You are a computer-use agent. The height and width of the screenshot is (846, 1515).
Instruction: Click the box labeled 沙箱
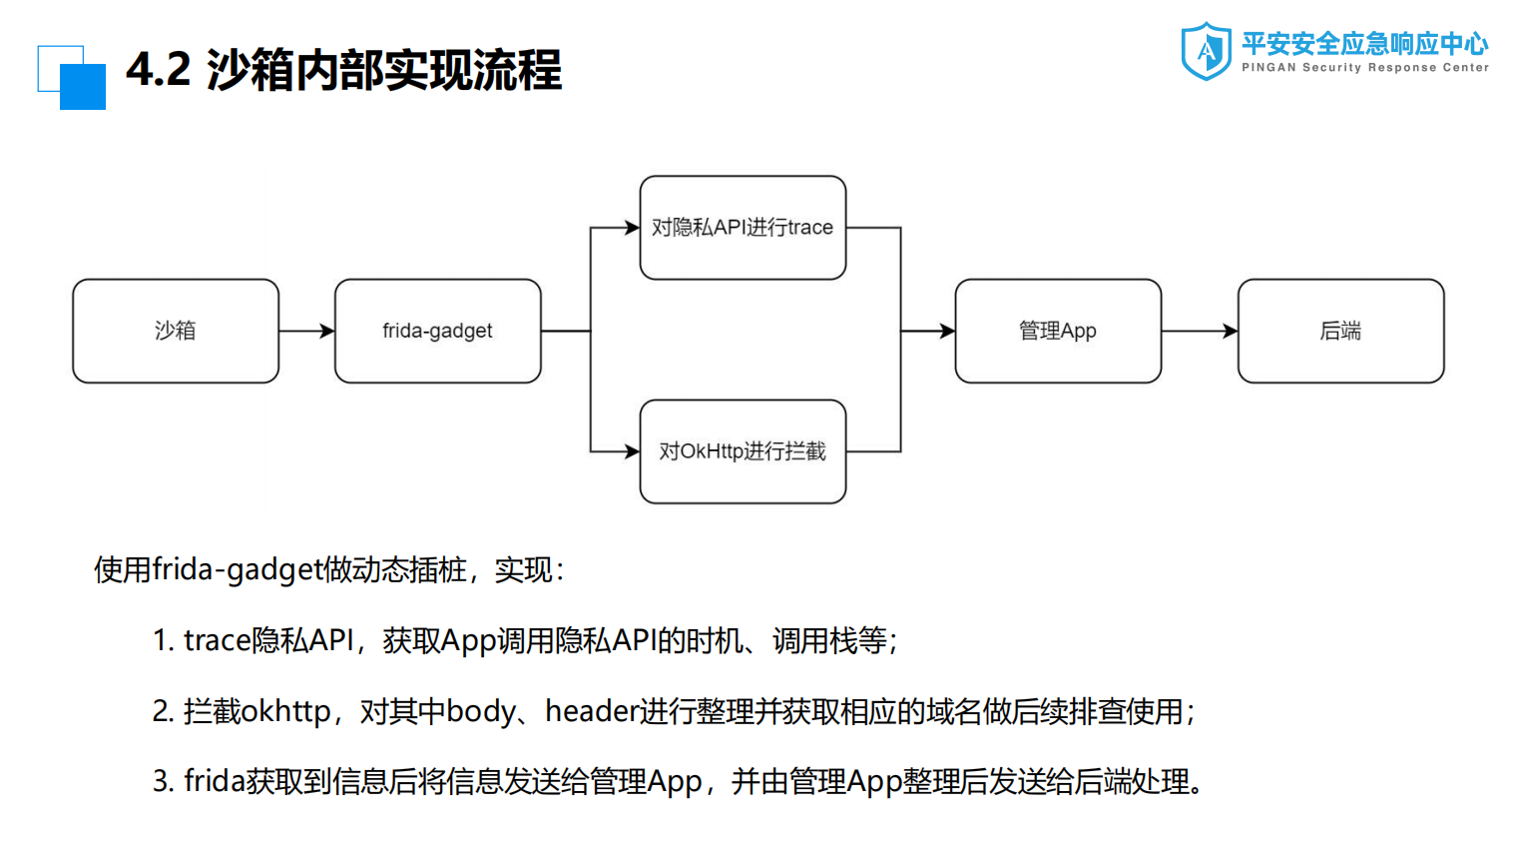(176, 331)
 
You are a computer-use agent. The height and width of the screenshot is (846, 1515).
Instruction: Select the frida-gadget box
(437, 331)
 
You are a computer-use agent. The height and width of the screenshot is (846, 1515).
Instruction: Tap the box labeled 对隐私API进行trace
(743, 228)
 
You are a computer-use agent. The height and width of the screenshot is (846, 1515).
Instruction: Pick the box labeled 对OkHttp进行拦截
(743, 451)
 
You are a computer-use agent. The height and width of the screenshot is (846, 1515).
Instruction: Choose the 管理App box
(1058, 331)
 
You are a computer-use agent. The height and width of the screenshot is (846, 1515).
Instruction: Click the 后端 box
(1340, 331)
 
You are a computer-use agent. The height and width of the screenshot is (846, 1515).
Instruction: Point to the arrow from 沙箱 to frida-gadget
(306, 331)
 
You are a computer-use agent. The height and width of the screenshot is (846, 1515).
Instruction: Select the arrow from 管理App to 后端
(1199, 331)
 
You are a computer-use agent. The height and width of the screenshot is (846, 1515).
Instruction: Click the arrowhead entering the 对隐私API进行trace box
(632, 228)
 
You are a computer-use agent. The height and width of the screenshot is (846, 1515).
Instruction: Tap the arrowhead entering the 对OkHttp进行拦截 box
(632, 451)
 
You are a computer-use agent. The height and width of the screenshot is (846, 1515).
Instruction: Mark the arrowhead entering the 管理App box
(947, 331)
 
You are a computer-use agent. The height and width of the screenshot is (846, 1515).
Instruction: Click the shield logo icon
(1206, 51)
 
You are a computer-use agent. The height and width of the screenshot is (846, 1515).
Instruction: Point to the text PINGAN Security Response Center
(1364, 68)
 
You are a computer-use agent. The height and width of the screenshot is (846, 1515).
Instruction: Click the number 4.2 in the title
(158, 70)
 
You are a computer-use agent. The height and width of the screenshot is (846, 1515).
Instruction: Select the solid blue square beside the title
(83, 87)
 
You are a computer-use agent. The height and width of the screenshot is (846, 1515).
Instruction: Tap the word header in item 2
(591, 711)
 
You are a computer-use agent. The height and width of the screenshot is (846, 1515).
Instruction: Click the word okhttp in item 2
(285, 711)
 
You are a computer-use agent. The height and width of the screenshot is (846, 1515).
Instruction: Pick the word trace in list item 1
(217, 640)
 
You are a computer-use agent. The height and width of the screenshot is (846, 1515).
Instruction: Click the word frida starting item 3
(215, 781)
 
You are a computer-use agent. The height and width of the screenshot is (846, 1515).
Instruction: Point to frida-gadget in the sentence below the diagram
(239, 569)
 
